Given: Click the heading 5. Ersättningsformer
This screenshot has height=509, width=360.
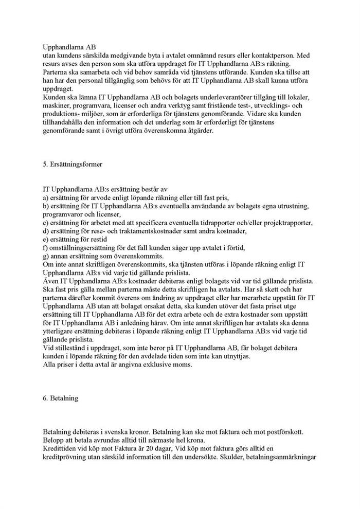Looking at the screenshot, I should pyautogui.click(x=74, y=166).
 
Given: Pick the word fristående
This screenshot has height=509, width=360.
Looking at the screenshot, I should pyautogui.click(x=223, y=105).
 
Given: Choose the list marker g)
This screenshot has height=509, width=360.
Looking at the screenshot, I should pyautogui.click(x=46, y=256).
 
